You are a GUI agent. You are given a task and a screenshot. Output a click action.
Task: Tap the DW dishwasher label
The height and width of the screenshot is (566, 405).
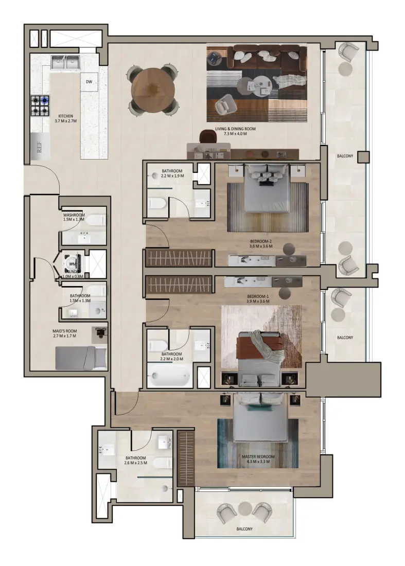coord(89,82)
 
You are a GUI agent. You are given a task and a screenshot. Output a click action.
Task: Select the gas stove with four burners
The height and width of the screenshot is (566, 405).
coord(40,105)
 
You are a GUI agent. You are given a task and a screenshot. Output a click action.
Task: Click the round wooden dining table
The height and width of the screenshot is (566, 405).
coord(153,89)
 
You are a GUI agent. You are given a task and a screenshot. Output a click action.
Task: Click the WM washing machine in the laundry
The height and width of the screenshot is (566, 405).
coord(71,263)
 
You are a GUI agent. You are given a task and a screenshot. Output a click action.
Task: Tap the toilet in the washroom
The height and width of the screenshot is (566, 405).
coord(95,220)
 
